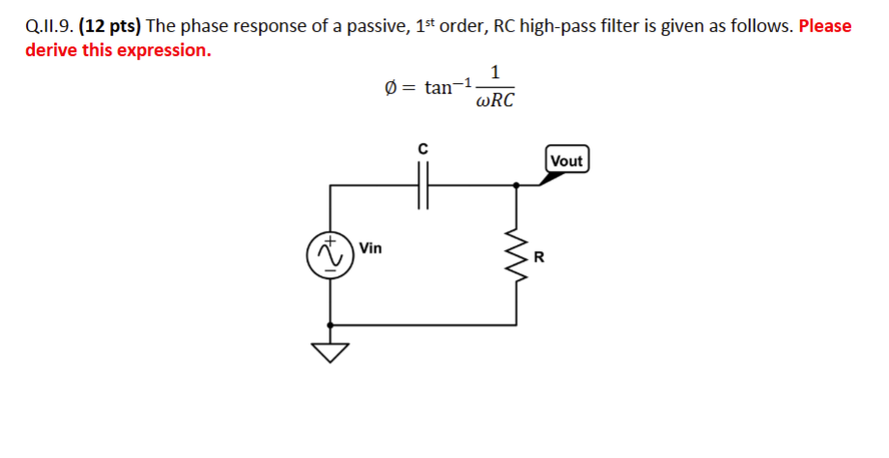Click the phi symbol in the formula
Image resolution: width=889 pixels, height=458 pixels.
(390, 88)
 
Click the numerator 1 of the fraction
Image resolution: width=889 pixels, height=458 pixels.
(495, 72)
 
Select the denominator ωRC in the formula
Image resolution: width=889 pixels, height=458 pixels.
(496, 101)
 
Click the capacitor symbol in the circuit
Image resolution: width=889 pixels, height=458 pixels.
(422, 185)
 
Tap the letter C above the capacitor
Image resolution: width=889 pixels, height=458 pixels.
(422, 149)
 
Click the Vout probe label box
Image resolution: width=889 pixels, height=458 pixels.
(566, 160)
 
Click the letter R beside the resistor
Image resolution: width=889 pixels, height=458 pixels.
(539, 258)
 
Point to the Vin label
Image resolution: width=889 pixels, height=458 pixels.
(370, 248)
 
